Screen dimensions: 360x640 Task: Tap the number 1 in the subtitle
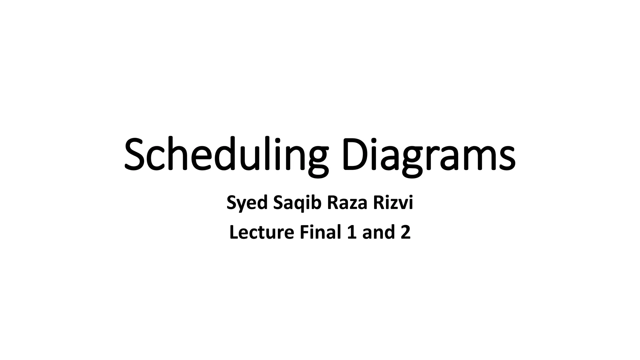(352, 233)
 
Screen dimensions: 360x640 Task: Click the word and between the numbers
(377, 233)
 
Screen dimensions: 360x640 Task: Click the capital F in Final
(305, 232)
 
